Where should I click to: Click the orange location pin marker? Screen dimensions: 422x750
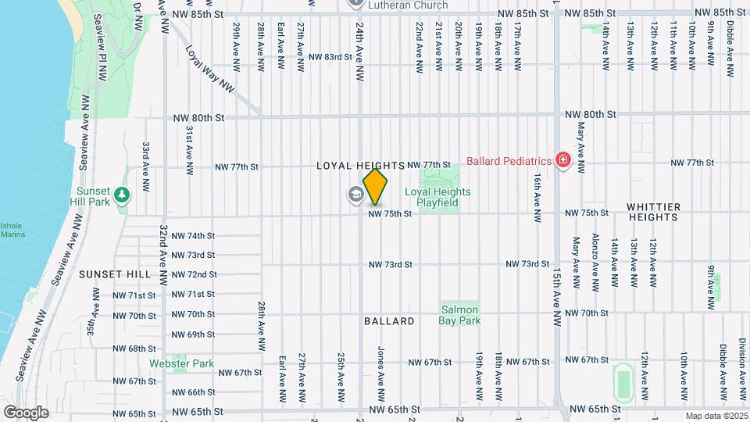pos(376,186)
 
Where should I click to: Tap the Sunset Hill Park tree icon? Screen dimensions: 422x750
pos(121,194)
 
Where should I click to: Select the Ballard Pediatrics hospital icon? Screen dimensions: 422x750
pos(562,161)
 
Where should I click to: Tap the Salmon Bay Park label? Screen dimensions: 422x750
pos(459,314)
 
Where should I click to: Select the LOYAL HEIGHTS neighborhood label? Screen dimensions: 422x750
pos(360,166)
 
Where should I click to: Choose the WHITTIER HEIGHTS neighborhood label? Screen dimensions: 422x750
pos(654,213)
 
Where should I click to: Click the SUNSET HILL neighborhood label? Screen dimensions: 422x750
pos(115,274)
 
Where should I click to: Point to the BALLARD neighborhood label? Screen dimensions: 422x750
pos(389,321)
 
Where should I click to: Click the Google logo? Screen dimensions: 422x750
pos(26,413)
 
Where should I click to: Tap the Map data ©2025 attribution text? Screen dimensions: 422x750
pos(716,416)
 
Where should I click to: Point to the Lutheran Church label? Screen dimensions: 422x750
pos(409,5)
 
